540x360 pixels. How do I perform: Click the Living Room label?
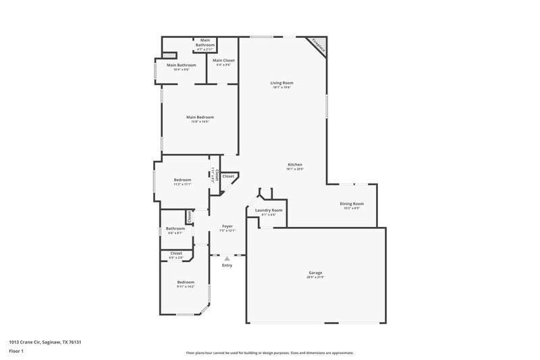click(282, 82)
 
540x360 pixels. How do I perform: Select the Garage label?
click(315, 272)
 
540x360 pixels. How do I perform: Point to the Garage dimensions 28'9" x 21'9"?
click(315, 277)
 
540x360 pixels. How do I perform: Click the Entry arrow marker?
click(227, 258)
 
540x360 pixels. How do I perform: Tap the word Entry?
click(227, 265)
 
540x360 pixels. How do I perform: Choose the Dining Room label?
click(352, 203)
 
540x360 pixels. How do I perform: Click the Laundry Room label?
click(269, 210)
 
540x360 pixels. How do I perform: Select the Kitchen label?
click(295, 165)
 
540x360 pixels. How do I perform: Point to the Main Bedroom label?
click(200, 117)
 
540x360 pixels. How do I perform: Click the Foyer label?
click(227, 226)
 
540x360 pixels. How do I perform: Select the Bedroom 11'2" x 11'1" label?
click(182, 180)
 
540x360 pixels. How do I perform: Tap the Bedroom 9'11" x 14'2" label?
click(186, 282)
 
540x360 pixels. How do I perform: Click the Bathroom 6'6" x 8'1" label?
click(175, 228)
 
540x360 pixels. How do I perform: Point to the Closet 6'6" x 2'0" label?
click(175, 253)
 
